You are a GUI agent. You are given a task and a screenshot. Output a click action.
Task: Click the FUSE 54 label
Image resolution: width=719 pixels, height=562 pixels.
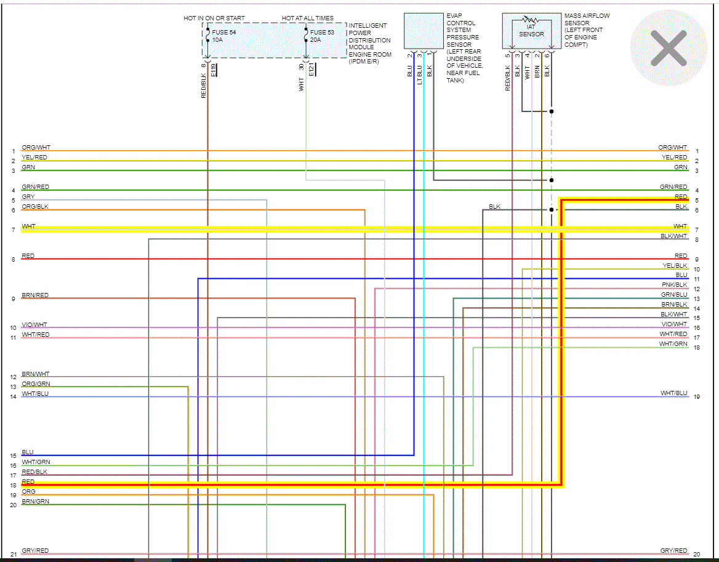pyautogui.click(x=224, y=32)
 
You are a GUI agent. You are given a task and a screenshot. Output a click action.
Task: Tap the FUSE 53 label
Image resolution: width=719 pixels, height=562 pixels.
pyautogui.click(x=322, y=32)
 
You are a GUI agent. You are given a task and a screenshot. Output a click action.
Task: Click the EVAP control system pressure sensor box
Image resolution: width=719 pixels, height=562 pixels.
pyautogui.click(x=424, y=31)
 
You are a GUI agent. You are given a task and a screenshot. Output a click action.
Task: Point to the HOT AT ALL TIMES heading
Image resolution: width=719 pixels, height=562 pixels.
pyautogui.click(x=308, y=18)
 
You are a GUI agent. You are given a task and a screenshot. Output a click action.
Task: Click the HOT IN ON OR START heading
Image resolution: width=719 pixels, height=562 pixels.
pyautogui.click(x=214, y=18)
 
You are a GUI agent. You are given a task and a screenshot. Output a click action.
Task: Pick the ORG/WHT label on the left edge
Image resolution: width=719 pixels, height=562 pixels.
pyautogui.click(x=36, y=148)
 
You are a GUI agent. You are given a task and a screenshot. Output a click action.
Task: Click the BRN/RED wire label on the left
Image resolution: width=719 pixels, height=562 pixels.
pyautogui.click(x=35, y=295)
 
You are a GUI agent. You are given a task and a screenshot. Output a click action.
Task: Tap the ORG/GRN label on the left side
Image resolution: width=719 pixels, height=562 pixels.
pyautogui.click(x=35, y=384)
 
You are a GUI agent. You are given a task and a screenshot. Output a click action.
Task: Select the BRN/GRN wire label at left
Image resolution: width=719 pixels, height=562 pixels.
pyautogui.click(x=35, y=502)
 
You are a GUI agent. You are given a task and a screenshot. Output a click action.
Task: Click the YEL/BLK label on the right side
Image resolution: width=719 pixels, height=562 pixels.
pyautogui.click(x=675, y=266)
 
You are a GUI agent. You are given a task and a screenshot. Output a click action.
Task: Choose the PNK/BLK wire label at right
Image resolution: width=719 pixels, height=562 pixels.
pyautogui.click(x=675, y=285)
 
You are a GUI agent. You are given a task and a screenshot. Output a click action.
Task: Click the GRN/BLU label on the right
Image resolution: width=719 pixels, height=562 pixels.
pyautogui.click(x=674, y=295)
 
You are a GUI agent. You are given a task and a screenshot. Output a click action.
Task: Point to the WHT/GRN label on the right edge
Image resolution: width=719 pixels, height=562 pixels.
pyautogui.click(x=673, y=344)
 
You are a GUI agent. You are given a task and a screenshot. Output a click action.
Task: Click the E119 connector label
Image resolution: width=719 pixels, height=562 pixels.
pyautogui.click(x=214, y=70)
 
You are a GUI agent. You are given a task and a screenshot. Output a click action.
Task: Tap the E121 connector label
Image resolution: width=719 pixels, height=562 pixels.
pyautogui.click(x=311, y=70)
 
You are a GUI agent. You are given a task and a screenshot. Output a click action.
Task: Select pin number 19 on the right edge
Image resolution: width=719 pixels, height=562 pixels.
pyautogui.click(x=696, y=397)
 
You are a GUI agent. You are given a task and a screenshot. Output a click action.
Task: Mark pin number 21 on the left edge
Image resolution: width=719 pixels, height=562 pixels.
pyautogui.click(x=13, y=555)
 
